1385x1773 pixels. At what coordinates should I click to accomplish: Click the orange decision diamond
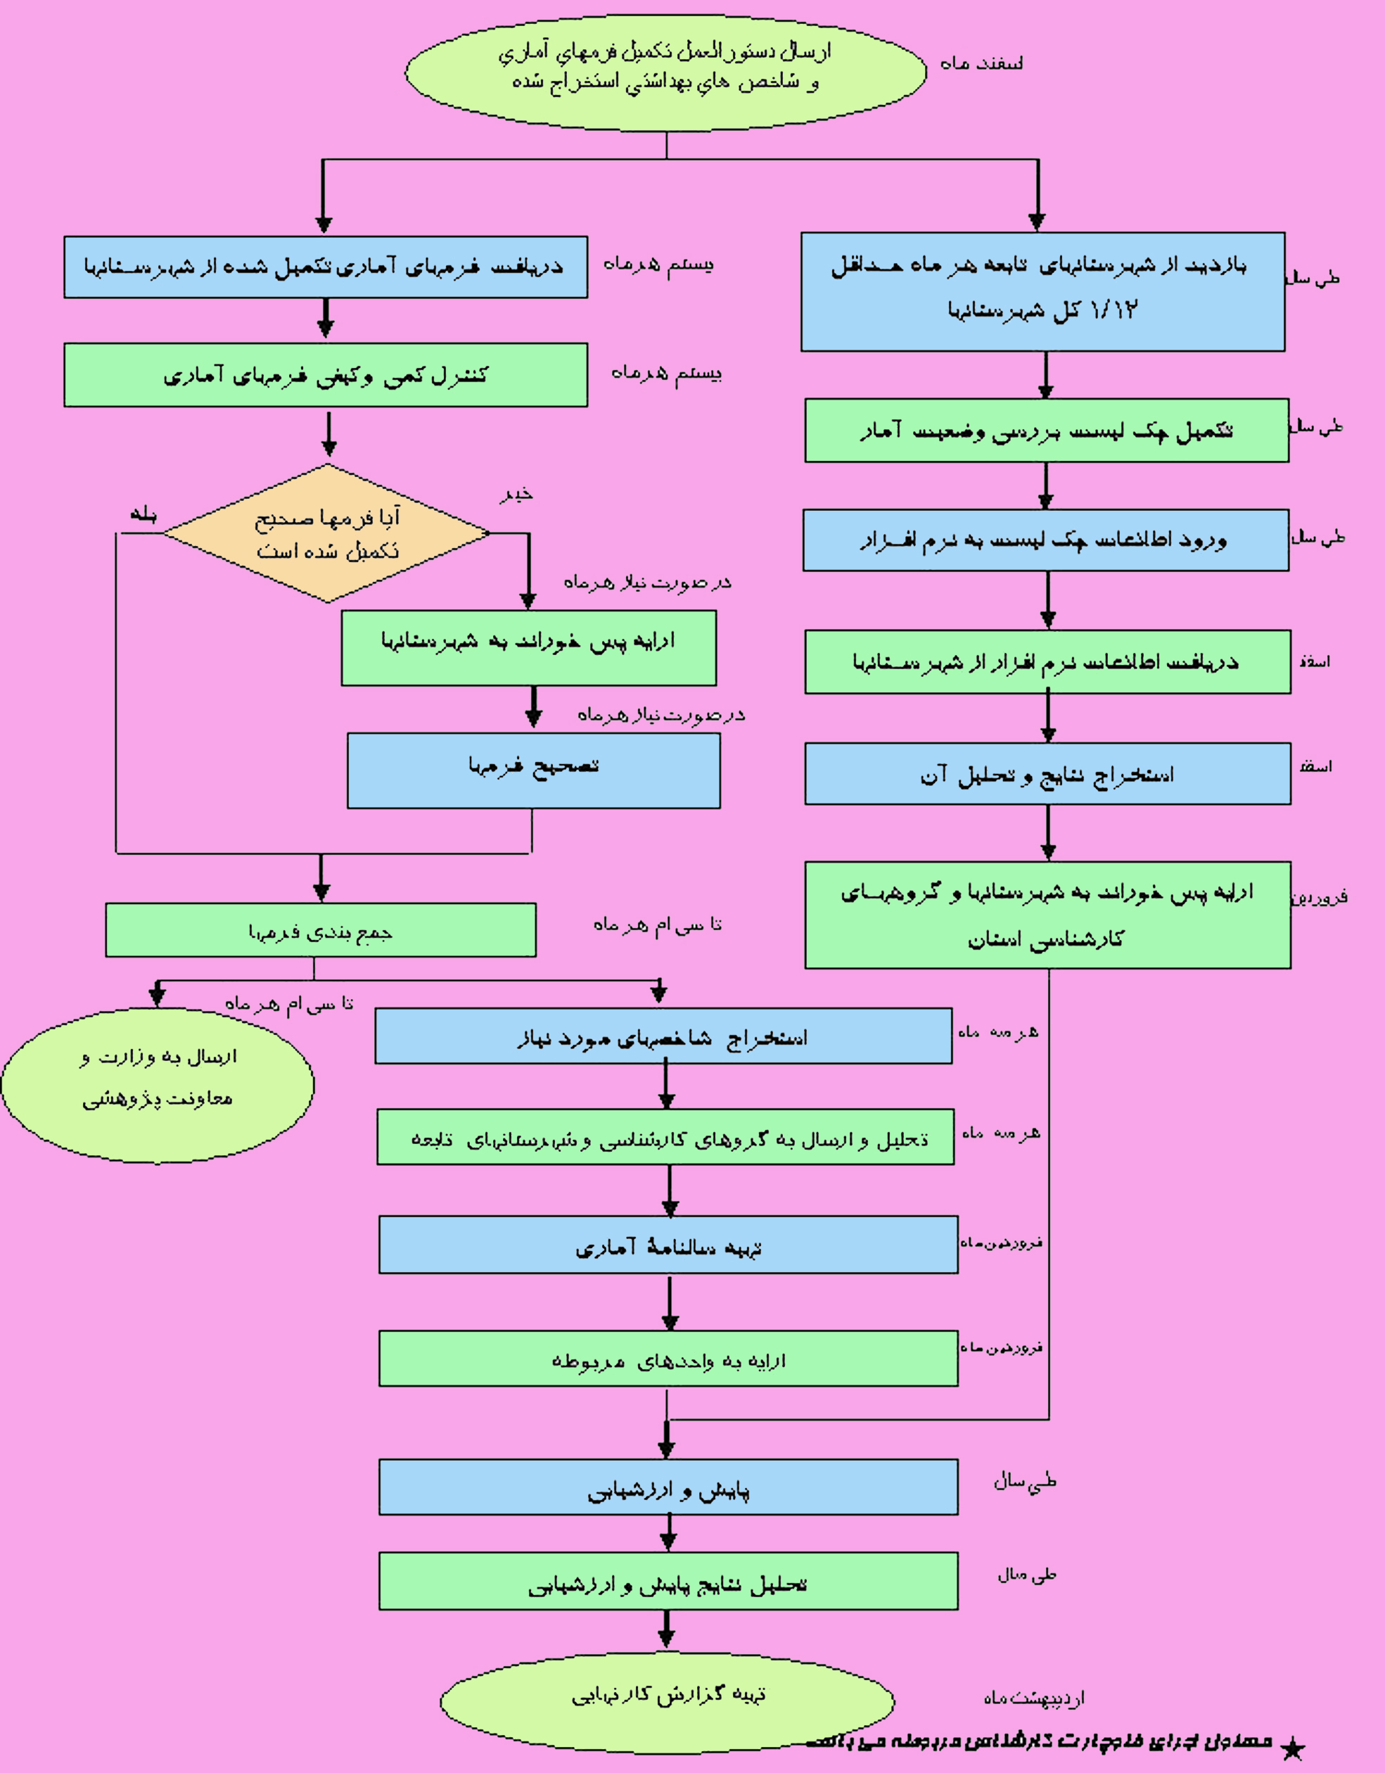click(326, 533)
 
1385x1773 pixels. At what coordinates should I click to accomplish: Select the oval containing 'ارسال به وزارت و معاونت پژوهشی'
click(158, 1085)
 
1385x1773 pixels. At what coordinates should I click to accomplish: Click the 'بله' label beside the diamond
click(143, 515)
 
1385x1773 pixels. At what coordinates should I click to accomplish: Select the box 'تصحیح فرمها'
click(533, 770)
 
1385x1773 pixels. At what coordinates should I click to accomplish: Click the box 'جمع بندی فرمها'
click(320, 929)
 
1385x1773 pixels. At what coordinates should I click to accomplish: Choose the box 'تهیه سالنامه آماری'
click(668, 1245)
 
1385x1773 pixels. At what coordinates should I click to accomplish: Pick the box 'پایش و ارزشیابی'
click(668, 1487)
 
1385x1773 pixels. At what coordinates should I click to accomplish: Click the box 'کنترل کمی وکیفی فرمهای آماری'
click(326, 374)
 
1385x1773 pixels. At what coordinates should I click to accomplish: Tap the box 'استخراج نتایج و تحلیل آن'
click(1047, 774)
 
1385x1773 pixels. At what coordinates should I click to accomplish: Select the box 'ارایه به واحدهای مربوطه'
click(668, 1358)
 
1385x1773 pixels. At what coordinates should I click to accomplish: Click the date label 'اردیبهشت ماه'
click(1033, 1698)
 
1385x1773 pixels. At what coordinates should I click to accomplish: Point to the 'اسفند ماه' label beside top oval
click(981, 63)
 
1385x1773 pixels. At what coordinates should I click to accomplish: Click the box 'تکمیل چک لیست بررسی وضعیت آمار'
click(1047, 431)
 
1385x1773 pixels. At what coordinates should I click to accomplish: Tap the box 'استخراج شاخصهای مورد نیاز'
click(663, 1036)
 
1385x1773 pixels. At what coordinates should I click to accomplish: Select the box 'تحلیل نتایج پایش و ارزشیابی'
click(668, 1582)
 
